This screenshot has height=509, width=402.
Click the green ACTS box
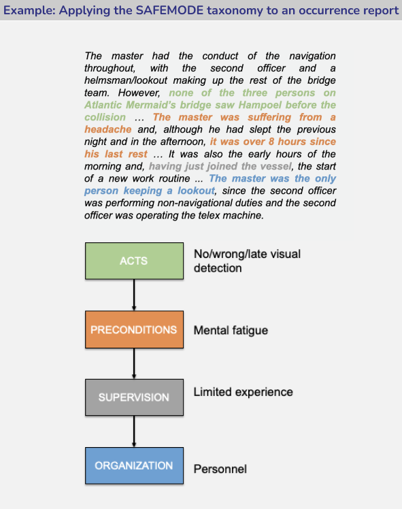point(134,261)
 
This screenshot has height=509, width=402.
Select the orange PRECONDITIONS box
point(134,329)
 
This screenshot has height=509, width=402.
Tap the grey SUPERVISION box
point(134,397)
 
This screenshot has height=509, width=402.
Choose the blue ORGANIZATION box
point(134,465)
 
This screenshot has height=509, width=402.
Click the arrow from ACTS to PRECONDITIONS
point(134,295)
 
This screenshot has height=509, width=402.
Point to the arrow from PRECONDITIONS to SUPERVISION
point(134,363)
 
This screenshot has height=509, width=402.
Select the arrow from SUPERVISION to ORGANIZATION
point(134,431)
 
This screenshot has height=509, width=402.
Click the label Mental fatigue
point(231,331)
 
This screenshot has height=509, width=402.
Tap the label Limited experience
point(243,392)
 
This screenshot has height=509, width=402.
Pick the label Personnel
point(220,469)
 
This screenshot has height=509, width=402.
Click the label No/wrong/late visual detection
point(247,261)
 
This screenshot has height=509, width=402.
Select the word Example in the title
point(29,11)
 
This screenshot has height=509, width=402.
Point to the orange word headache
point(108,129)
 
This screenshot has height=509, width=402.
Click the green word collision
point(105,117)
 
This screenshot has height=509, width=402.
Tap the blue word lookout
point(196,191)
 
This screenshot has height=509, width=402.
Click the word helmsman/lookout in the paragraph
point(126,80)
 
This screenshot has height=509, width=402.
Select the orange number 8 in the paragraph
point(271,142)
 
